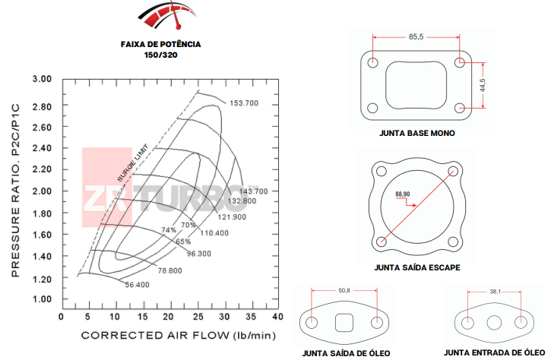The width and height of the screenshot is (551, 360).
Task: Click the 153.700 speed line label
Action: [x=244, y=103]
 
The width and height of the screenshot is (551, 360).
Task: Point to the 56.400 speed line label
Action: [x=137, y=285]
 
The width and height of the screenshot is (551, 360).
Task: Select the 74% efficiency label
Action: [x=168, y=229]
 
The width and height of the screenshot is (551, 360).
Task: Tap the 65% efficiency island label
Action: [x=183, y=242]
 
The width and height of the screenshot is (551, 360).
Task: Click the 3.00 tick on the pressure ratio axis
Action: [x=42, y=79]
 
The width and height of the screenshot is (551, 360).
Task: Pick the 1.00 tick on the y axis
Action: [x=42, y=299]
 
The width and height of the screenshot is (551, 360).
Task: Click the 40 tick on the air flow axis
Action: [x=277, y=316]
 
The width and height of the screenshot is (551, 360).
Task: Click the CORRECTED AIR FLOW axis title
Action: [x=178, y=335]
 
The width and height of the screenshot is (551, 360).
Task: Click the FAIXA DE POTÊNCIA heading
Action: [x=160, y=44]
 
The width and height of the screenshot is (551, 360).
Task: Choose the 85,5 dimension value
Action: [x=416, y=36]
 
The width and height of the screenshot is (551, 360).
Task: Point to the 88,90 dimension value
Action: [x=403, y=194]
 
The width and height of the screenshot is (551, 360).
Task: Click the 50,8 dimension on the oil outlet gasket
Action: [x=344, y=290]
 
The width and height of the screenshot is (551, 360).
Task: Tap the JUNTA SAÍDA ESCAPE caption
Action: [x=416, y=268]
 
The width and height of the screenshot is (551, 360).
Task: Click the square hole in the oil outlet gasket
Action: [x=344, y=322]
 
